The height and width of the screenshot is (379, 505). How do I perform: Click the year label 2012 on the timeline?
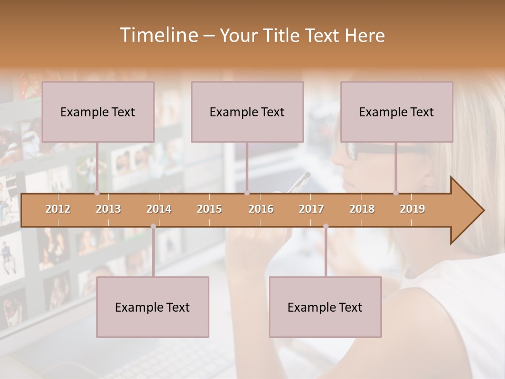(58, 209)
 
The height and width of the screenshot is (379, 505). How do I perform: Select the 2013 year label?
(108, 209)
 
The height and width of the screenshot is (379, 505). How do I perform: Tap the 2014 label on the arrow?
(159, 209)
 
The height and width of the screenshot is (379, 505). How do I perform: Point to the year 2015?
(209, 209)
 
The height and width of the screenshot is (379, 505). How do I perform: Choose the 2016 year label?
(261, 209)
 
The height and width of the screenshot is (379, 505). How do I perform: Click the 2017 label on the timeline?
(311, 209)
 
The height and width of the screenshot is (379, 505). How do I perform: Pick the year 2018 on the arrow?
(362, 209)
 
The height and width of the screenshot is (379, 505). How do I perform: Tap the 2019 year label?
(412, 209)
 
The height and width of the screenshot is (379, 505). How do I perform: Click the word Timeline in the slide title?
(158, 35)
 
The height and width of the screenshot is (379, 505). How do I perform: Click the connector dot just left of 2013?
(97, 193)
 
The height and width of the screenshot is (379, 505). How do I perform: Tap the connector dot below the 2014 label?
(153, 226)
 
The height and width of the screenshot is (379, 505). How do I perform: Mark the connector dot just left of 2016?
(247, 193)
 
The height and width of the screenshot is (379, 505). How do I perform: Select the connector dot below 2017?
(326, 226)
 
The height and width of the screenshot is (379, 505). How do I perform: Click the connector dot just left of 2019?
(396, 193)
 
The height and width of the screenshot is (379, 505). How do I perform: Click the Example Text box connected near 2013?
(98, 112)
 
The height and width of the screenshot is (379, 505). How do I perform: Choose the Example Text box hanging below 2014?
(153, 307)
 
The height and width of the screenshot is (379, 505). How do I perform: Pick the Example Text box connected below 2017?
(325, 307)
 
